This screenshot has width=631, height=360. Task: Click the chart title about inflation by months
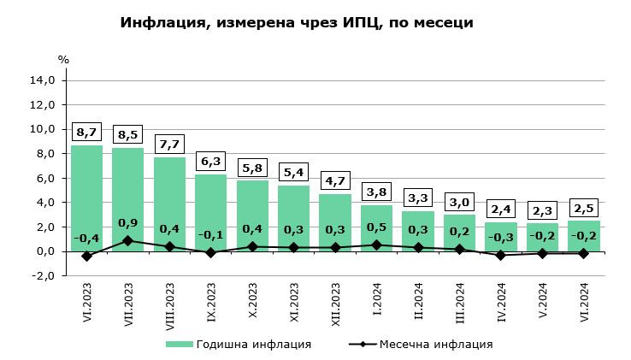point(297,23)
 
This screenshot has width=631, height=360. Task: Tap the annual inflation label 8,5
point(128,134)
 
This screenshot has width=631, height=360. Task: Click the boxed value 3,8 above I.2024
point(376,192)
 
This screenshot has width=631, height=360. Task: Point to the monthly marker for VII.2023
point(128,240)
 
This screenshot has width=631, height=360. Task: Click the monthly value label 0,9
point(128,223)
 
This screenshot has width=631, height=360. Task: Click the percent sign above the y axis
point(63,60)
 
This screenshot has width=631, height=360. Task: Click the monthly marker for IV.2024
point(501,255)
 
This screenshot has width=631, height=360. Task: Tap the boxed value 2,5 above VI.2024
point(584,208)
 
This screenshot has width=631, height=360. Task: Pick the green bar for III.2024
point(459,233)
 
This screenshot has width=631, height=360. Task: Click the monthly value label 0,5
point(376,227)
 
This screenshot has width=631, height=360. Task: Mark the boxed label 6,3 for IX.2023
point(211,161)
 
